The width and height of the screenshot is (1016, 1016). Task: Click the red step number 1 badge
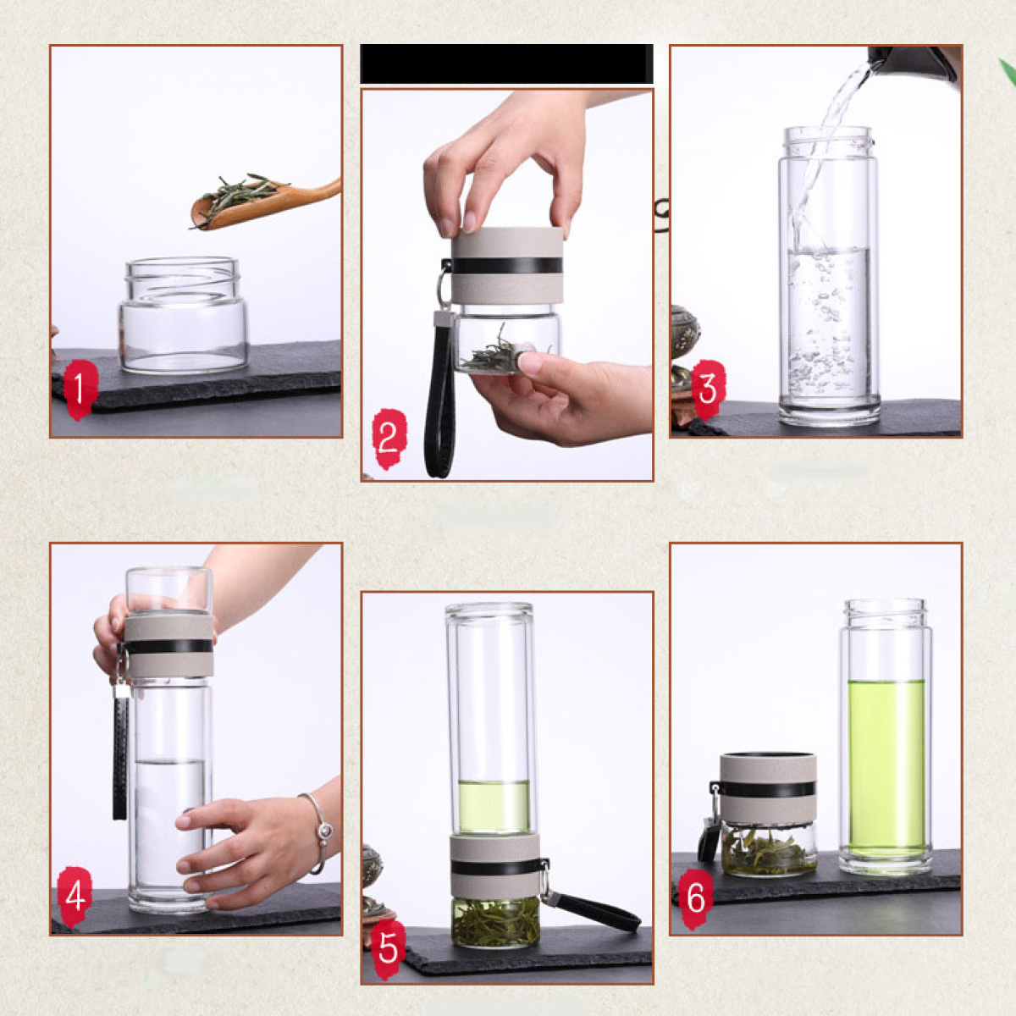click(80, 390)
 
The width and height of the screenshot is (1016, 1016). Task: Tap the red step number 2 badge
click(389, 439)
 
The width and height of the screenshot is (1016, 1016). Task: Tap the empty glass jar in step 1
click(184, 315)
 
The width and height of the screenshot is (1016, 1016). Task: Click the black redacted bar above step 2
click(506, 63)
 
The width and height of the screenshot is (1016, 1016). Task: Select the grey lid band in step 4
click(169, 646)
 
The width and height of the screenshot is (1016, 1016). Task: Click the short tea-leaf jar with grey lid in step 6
click(768, 814)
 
